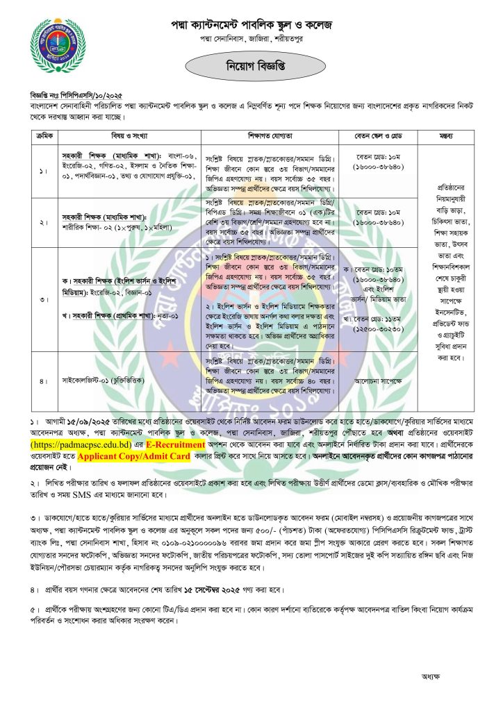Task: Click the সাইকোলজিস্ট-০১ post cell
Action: [x=113, y=381]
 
